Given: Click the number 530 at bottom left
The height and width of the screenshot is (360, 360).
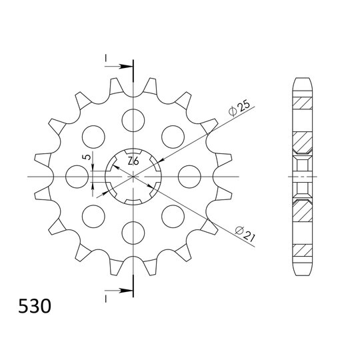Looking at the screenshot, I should tap(34, 308).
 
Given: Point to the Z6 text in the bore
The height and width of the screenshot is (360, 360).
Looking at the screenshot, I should tap(133, 161).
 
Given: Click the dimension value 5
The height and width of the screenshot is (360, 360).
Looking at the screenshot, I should tap(85, 157).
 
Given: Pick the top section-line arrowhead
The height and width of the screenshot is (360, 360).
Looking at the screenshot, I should tap(125, 66).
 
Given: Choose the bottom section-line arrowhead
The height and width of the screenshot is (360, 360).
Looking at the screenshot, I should tap(125, 291).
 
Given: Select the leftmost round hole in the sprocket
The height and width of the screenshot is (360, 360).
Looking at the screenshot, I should tap(77, 176).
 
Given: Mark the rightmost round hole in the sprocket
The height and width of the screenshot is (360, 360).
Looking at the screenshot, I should tap(189, 176).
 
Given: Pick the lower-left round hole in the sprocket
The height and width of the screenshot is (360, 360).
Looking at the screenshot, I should tap(93, 215).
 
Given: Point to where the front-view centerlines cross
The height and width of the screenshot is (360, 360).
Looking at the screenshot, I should tap(133, 176).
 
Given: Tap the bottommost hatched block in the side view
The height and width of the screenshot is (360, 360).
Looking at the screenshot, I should tap(301, 251).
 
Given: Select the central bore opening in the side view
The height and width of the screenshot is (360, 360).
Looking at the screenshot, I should tap(301, 176).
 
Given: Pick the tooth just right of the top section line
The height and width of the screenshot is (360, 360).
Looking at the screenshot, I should tap(151, 86).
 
